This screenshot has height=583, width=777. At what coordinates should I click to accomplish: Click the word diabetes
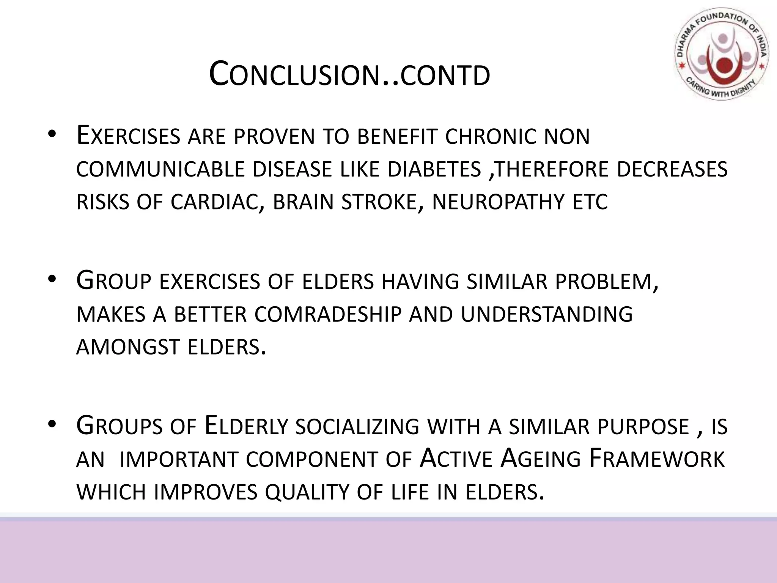pyautogui.click(x=434, y=169)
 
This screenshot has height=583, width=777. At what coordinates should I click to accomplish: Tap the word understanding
pyautogui.click(x=547, y=315)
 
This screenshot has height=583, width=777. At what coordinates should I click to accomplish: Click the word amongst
pyautogui.click(x=128, y=347)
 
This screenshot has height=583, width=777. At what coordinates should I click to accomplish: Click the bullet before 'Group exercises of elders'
pyautogui.click(x=52, y=280)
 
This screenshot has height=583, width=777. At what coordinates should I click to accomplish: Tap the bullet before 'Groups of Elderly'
pyautogui.click(x=52, y=425)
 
